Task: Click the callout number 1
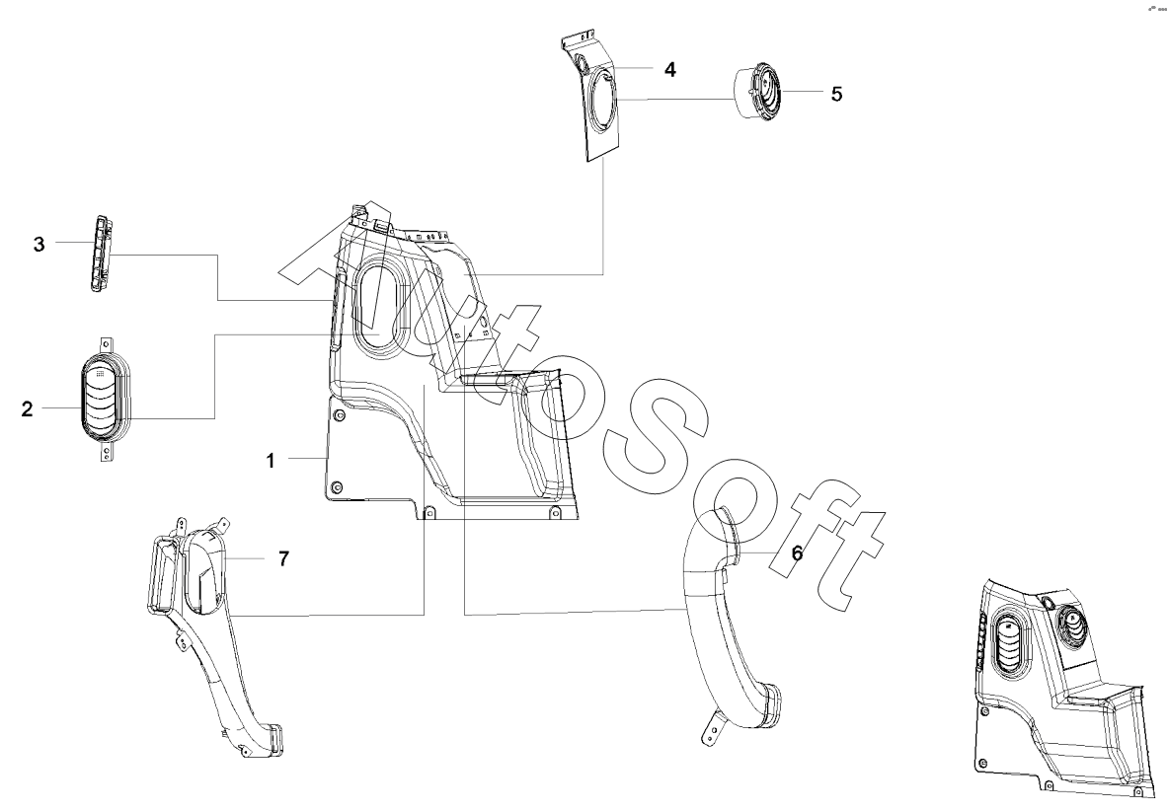pos(270,460)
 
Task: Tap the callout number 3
pos(39,245)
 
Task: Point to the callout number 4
pos(669,70)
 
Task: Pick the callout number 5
pos(836,94)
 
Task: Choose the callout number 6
pos(796,554)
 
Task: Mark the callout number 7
pos(282,558)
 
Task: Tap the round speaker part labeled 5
pos(757,92)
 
